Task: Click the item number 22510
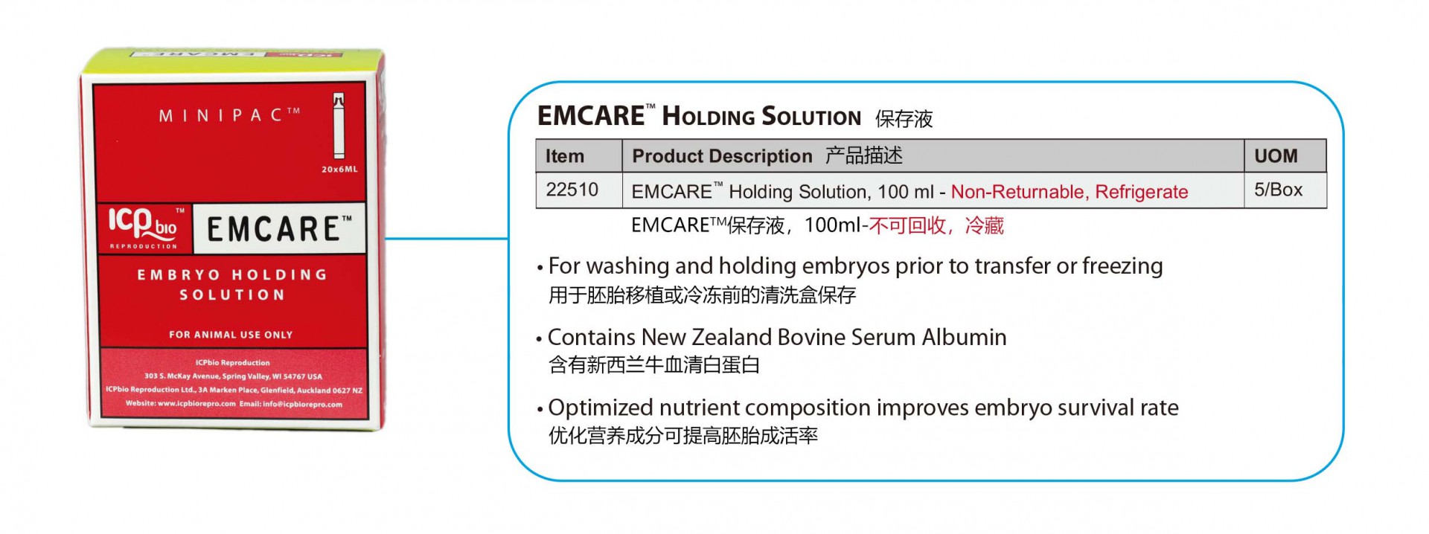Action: click(x=572, y=190)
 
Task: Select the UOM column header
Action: click(x=1276, y=156)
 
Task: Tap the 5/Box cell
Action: click(x=1278, y=190)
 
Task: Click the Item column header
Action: click(x=565, y=156)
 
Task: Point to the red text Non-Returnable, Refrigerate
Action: click(x=1070, y=192)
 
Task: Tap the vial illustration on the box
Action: click(x=339, y=126)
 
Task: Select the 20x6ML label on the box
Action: click(x=339, y=170)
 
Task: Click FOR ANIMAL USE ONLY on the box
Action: click(x=231, y=335)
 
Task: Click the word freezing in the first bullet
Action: click(x=1122, y=267)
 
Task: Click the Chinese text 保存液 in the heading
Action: click(x=904, y=119)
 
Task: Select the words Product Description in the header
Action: click(x=722, y=156)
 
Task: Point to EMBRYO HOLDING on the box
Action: click(x=232, y=274)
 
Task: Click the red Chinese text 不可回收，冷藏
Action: click(x=936, y=225)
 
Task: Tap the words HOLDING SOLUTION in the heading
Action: click(x=761, y=117)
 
